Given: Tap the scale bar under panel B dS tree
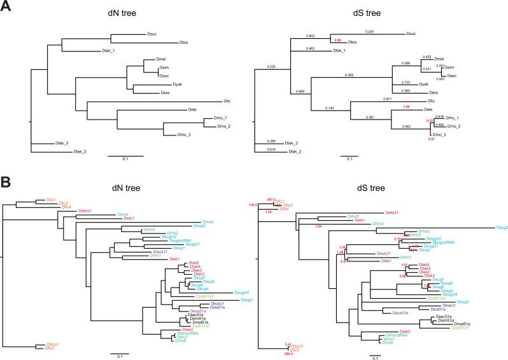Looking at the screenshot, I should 376,352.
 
